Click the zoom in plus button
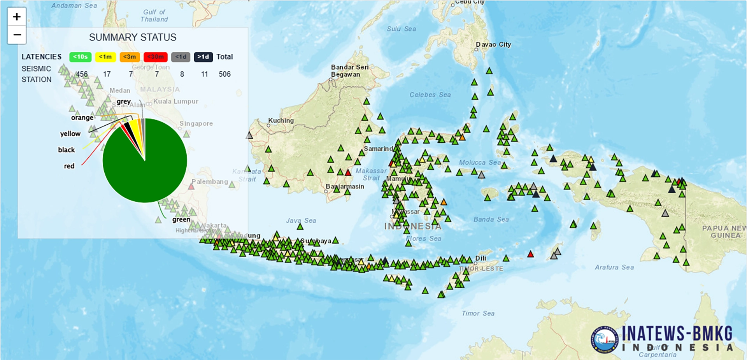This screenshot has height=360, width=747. [17, 17]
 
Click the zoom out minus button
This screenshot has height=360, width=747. [17, 35]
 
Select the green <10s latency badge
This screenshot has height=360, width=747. [80, 57]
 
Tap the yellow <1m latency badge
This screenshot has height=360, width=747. [105, 57]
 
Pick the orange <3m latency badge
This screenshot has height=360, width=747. [130, 57]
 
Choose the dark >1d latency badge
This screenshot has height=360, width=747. [203, 57]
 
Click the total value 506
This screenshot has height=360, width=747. [224, 74]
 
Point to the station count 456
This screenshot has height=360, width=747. [82, 74]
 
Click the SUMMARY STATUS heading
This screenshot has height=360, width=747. [133, 37]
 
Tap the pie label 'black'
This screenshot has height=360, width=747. [67, 150]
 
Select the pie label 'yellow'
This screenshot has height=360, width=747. [70, 134]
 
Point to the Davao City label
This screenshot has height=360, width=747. [493, 44]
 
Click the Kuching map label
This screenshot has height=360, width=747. [281, 121]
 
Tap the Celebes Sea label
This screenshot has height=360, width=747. [430, 95]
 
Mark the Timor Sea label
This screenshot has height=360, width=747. [478, 313]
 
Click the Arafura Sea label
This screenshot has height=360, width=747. [614, 267]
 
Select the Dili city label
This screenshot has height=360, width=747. [481, 258]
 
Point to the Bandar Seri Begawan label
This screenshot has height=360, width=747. [349, 71]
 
